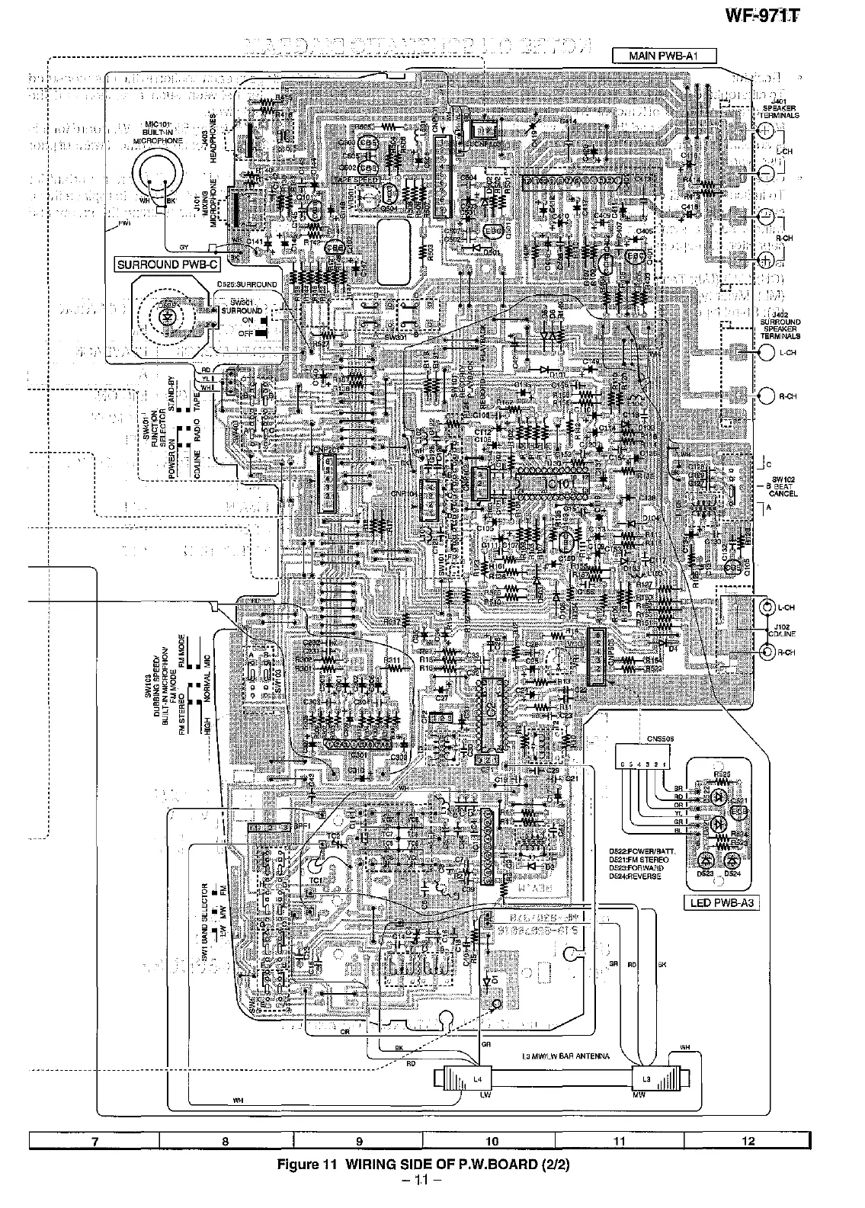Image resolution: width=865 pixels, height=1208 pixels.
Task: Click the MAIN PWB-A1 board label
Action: pos(655,56)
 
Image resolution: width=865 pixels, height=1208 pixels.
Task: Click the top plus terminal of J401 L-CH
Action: pos(766,131)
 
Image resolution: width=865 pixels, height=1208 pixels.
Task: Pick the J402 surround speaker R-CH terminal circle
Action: pos(767,395)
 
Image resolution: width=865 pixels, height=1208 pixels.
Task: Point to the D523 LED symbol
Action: pos(703,860)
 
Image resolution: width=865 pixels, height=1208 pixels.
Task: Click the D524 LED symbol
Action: pos(732,860)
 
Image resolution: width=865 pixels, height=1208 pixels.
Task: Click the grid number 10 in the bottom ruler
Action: pos(491,1141)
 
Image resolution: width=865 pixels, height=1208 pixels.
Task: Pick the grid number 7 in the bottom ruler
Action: pos(94,1141)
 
